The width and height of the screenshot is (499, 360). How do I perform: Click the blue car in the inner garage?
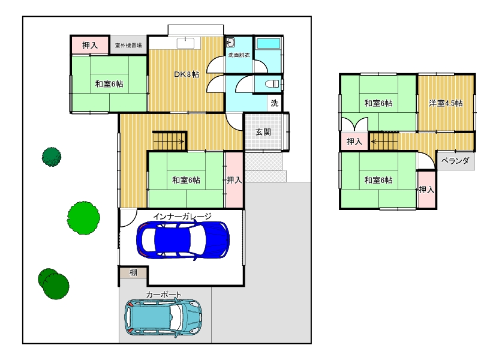tap(183, 239)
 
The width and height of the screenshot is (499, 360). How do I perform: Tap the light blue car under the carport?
tap(163, 317)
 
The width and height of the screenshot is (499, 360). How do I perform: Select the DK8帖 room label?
tap(187, 74)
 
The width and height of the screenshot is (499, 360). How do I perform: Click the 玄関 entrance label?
tap(263, 132)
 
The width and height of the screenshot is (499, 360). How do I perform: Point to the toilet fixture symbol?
tap(272, 84)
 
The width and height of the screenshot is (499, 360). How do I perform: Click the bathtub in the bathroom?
tap(268, 44)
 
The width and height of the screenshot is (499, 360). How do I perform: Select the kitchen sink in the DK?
tap(185, 43)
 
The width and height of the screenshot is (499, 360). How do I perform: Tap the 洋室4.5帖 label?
tap(446, 103)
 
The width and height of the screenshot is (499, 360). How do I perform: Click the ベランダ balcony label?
tap(455, 161)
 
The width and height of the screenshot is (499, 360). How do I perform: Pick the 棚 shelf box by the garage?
tap(133, 272)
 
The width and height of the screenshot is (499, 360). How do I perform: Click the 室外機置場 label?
tap(128, 46)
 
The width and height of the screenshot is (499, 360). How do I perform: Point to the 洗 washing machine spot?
tap(274, 103)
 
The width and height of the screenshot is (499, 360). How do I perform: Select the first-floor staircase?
tap(169, 140)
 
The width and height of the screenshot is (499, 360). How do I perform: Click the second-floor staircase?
tap(384, 142)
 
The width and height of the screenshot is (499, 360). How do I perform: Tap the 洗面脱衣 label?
tap(239, 55)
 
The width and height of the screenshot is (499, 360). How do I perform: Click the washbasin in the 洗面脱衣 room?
tap(230, 43)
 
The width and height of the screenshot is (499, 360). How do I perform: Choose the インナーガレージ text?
tap(182, 217)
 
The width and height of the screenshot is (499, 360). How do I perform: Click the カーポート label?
tap(164, 295)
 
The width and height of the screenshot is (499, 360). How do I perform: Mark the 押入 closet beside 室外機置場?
tap(90, 45)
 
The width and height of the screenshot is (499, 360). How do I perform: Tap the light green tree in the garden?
tap(83, 218)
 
